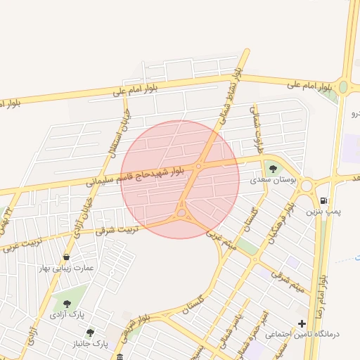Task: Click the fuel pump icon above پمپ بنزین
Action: [323, 199]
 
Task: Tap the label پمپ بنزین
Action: [321, 210]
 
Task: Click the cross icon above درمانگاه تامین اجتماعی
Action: [302, 324]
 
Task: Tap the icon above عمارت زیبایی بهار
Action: [67, 257]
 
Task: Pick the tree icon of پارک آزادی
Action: [67, 304]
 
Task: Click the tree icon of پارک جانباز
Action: [89, 332]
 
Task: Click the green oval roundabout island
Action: [343, 87]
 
